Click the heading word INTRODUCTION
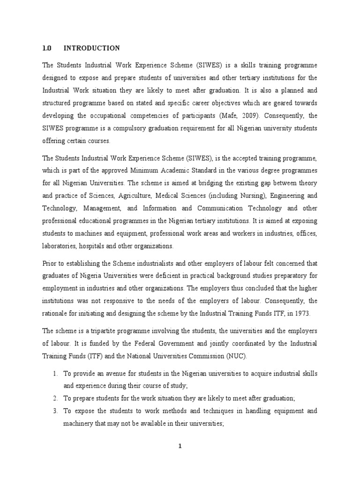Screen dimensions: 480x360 click(91, 48)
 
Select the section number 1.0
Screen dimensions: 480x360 click(46, 48)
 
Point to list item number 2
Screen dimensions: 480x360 click(55, 398)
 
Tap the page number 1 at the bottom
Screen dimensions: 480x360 click(180, 446)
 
